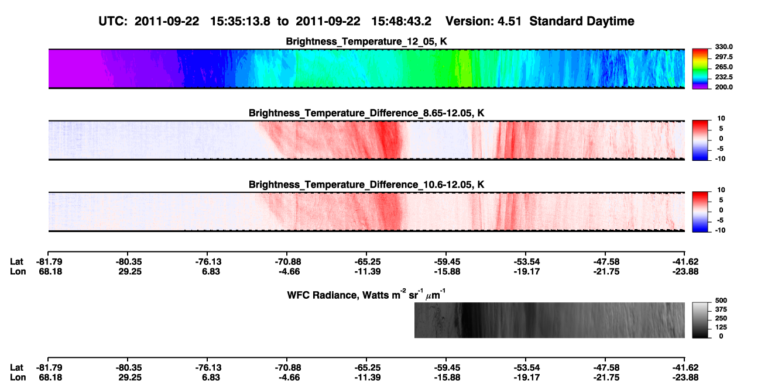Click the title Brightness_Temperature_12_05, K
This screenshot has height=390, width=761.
(366, 42)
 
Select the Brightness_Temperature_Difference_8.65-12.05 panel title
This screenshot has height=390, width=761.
(366, 113)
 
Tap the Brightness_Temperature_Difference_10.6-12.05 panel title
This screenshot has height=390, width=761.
(366, 185)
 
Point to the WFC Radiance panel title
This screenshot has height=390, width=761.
(366, 295)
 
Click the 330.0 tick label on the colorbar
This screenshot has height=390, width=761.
(724, 47)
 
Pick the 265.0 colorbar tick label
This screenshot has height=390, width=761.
(724, 67)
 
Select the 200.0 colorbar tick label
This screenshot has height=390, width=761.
(724, 87)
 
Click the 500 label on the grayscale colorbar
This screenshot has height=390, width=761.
(721, 301)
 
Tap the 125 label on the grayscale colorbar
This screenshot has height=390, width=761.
(721, 327)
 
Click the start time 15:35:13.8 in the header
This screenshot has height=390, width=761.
(240, 22)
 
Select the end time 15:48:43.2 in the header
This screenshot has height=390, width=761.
(401, 22)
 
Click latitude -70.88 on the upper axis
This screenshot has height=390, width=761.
(288, 262)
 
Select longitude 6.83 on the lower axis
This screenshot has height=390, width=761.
(211, 378)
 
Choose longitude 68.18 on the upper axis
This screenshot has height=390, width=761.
(50, 271)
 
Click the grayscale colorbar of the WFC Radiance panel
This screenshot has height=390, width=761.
(700, 320)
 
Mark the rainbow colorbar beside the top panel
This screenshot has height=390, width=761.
(700, 69)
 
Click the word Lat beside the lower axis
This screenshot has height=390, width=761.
(16, 368)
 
